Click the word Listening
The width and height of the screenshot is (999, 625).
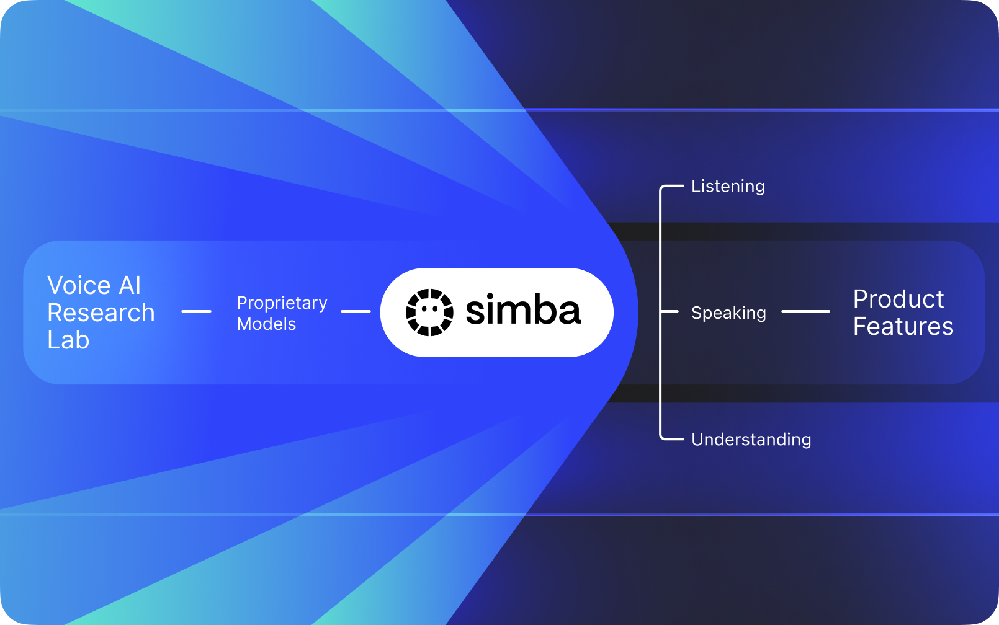pyautogui.click(x=728, y=187)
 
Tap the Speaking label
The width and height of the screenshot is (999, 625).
pyautogui.click(x=728, y=313)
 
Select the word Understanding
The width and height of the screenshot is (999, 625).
pyautogui.click(x=751, y=440)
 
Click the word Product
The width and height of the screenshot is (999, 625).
pyautogui.click(x=898, y=299)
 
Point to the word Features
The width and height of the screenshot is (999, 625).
pyautogui.click(x=903, y=327)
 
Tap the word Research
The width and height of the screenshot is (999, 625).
pyautogui.click(x=101, y=313)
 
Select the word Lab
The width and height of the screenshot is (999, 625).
pyautogui.click(x=68, y=340)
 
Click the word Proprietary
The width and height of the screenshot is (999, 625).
pyautogui.click(x=282, y=303)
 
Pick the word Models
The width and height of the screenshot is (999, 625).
pyautogui.click(x=266, y=324)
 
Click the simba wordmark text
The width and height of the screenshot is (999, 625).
pyautogui.click(x=523, y=311)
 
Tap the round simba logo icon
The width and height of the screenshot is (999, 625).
pyautogui.click(x=429, y=312)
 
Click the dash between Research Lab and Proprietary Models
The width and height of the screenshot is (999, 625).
pyautogui.click(x=196, y=311)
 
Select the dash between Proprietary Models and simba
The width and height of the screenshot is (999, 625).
pyautogui.click(x=356, y=311)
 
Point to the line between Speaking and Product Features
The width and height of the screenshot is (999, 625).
pyautogui.click(x=805, y=311)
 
